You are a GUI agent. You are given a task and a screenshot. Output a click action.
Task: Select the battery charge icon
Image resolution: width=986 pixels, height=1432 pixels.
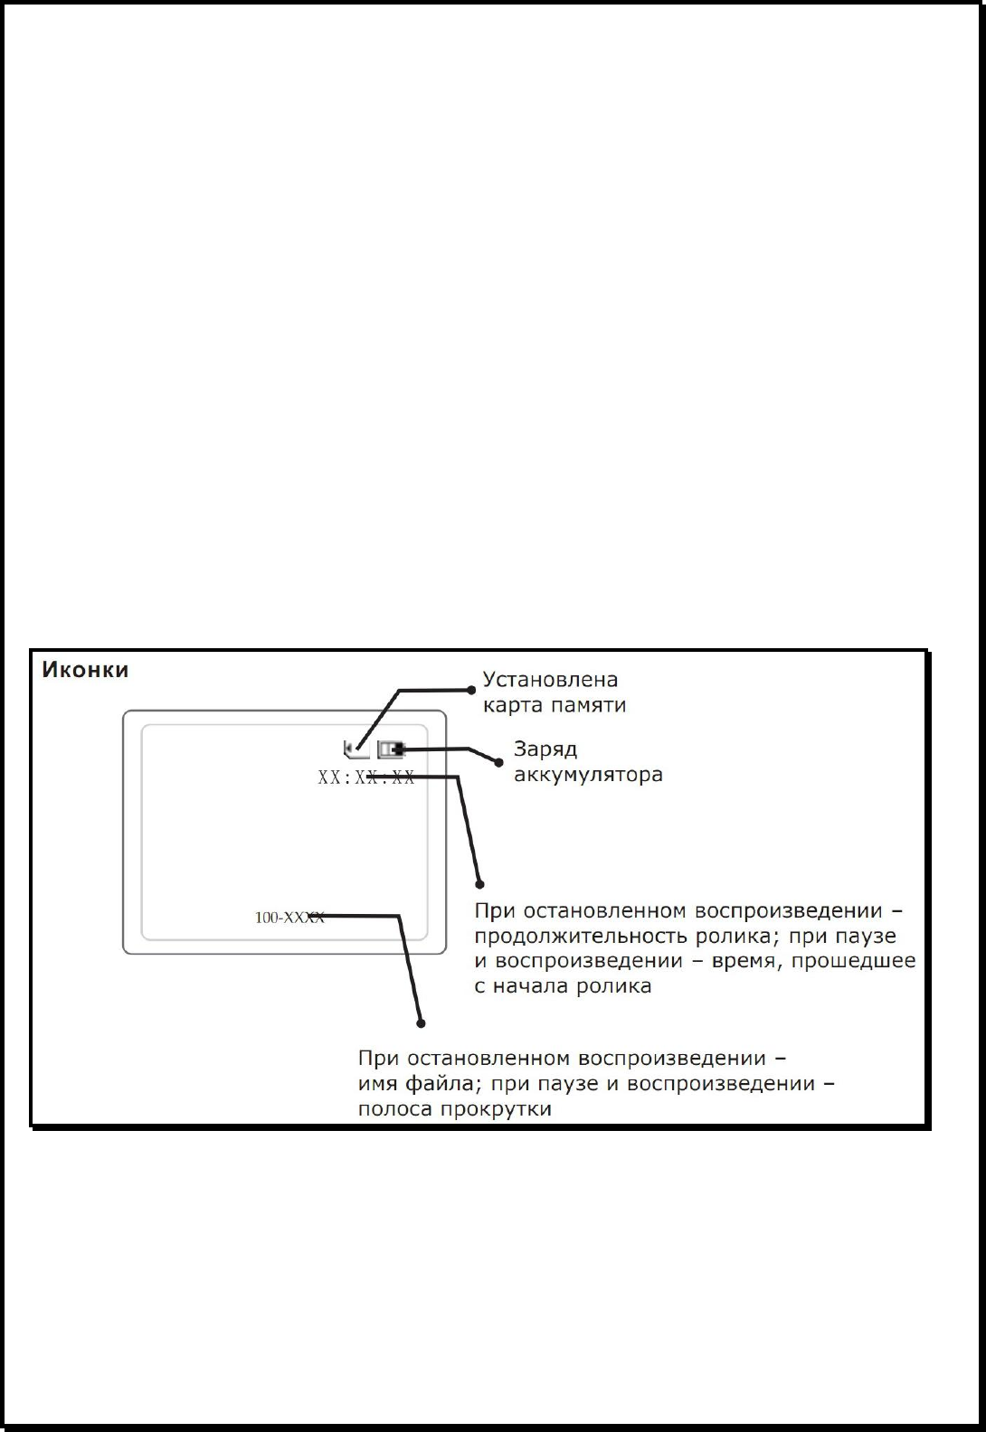pyautogui.click(x=391, y=749)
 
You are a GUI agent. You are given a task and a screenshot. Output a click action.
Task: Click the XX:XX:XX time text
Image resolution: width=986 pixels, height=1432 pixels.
pyautogui.click(x=366, y=777)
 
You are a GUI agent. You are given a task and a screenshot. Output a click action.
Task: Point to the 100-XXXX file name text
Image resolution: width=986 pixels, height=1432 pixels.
pyautogui.click(x=289, y=918)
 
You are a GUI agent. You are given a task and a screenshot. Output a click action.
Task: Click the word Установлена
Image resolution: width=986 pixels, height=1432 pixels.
pyautogui.click(x=550, y=679)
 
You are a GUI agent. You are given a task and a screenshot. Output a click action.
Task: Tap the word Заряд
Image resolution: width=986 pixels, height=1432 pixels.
pyautogui.click(x=545, y=749)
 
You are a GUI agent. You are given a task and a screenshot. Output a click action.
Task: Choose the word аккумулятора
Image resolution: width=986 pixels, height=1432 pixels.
pyautogui.click(x=588, y=775)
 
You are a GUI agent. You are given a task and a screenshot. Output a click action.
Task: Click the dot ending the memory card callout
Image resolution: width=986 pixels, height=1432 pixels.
pyautogui.click(x=471, y=690)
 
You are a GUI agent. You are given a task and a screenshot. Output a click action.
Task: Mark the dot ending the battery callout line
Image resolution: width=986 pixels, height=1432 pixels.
pyautogui.click(x=498, y=762)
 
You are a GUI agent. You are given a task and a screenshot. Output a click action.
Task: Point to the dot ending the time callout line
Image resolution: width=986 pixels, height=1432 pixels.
pyautogui.click(x=480, y=883)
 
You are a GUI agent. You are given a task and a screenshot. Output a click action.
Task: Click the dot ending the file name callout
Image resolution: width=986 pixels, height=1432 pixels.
pyautogui.click(x=421, y=1023)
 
